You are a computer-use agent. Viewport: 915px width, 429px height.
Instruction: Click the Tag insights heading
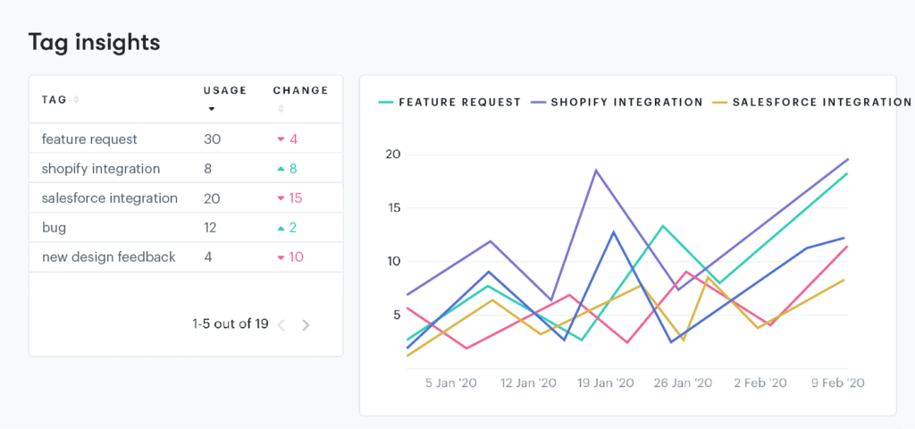tap(94, 42)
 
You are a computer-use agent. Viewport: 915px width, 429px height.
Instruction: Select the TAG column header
tap(55, 99)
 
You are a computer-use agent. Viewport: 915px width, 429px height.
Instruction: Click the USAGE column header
tap(224, 90)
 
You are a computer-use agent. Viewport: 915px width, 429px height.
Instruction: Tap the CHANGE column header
tap(300, 90)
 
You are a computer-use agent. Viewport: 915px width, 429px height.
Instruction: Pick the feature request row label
tap(89, 139)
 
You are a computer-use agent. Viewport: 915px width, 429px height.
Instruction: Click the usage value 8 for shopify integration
tap(207, 169)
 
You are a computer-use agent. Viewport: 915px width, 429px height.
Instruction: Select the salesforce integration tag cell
tap(109, 198)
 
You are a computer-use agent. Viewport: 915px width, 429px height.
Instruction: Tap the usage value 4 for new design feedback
tap(207, 257)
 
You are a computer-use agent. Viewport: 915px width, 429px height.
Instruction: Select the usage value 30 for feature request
tap(212, 139)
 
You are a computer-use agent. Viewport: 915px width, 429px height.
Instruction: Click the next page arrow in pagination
tap(306, 325)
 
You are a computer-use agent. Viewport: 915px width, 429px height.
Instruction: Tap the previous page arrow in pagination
tap(281, 325)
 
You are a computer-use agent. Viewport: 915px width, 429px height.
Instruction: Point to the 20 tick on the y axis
tap(392, 155)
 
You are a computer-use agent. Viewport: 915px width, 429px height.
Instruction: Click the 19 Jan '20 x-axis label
tap(605, 383)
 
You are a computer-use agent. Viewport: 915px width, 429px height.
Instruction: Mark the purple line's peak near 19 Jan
tap(596, 170)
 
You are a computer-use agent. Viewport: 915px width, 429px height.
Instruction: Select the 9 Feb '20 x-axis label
tap(836, 383)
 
